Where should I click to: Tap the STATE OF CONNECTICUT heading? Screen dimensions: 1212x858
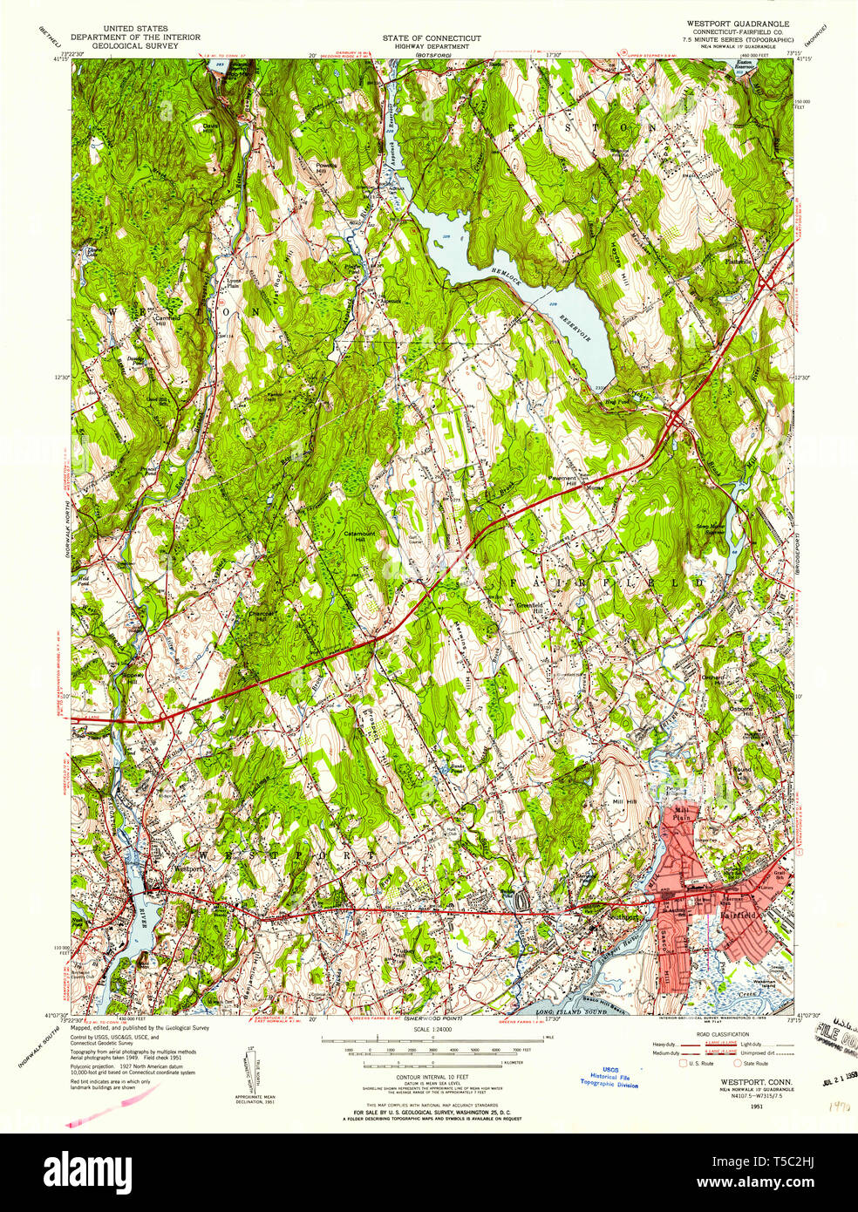(431, 38)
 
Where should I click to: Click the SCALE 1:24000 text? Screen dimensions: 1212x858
(431, 1030)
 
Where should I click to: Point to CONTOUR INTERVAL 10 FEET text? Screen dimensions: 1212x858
(431, 1077)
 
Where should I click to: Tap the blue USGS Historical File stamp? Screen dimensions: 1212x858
(609, 1077)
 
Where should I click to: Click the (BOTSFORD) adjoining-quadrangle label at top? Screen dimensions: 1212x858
(431, 55)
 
